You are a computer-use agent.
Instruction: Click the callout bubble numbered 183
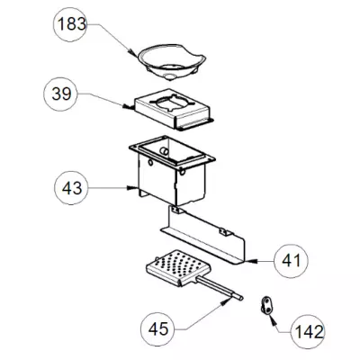click(70, 24)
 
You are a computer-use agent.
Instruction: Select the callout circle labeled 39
click(61, 94)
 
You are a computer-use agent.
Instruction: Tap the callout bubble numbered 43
click(71, 188)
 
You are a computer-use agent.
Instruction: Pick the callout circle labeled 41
click(291, 261)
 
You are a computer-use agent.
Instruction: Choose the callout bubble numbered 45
click(158, 329)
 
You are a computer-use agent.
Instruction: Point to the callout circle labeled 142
click(309, 332)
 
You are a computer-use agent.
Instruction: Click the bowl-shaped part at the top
click(172, 62)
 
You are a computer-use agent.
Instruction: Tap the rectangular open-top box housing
click(172, 170)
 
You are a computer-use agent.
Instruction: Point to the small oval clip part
click(265, 305)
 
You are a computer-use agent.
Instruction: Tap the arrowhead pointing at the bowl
click(132, 52)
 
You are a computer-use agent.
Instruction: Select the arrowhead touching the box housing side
click(133, 188)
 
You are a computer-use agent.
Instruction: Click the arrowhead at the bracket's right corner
click(251, 261)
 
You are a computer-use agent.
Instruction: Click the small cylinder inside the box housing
click(164, 151)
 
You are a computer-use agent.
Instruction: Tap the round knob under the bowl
click(171, 76)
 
